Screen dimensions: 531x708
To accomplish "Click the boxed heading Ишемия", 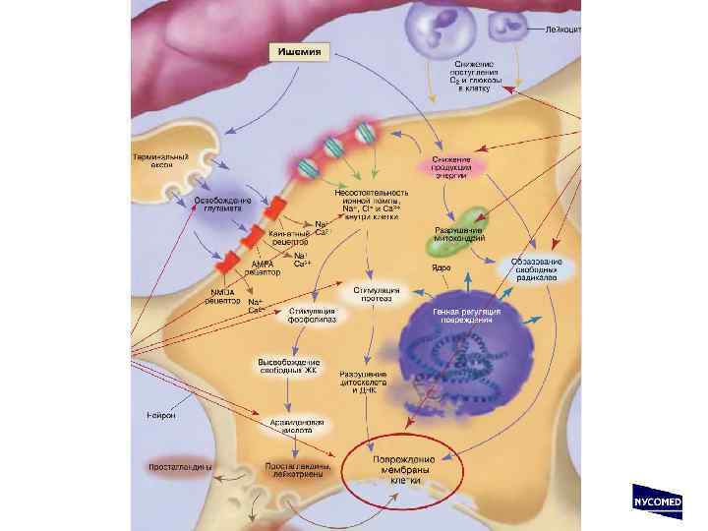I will (300, 50).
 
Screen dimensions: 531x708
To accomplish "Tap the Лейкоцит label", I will (564, 30).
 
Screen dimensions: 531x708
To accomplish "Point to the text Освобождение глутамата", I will (221, 206).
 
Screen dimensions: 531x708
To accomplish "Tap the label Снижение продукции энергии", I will (449, 166).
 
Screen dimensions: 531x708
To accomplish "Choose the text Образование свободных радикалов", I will (536, 270).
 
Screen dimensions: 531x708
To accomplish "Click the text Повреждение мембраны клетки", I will (404, 470).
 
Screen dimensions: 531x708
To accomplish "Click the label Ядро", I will (442, 267).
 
